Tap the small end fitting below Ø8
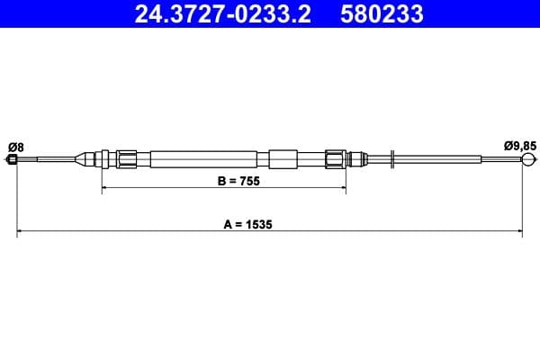[x=12, y=160]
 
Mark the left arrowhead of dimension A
[x=21, y=232]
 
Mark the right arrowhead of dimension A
[x=519, y=232]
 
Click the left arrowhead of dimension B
[x=105, y=187]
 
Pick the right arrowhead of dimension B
[x=342, y=187]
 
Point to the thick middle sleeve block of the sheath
[x=283, y=160]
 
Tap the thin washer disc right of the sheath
[x=393, y=160]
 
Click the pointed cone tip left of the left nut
[x=86, y=160]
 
